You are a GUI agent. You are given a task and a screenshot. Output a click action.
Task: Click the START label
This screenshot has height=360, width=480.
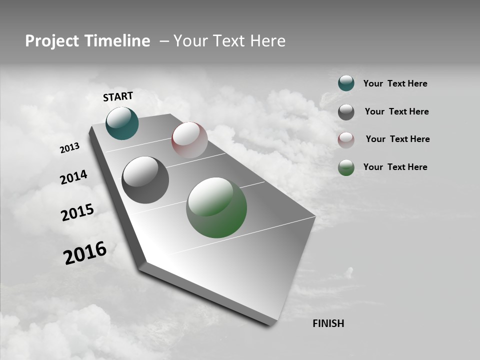pyautogui.click(x=118, y=96)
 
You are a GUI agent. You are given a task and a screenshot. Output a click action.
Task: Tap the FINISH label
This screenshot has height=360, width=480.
pyautogui.click(x=328, y=323)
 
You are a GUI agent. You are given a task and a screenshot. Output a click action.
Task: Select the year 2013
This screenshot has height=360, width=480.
pyautogui.click(x=69, y=148)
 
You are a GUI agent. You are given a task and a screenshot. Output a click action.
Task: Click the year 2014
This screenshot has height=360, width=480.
pyautogui.click(x=73, y=177)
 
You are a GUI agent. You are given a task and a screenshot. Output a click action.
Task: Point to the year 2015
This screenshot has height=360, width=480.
pyautogui.click(x=77, y=212)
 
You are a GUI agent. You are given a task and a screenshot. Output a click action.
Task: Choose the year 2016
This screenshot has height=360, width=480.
pyautogui.click(x=85, y=253)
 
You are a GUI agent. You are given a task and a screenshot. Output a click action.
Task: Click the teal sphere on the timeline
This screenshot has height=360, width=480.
pyautogui.click(x=122, y=123)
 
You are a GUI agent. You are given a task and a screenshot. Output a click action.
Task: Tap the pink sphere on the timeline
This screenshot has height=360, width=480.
pyautogui.click(x=189, y=140)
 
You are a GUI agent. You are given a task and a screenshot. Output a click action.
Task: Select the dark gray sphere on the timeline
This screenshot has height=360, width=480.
pyautogui.click(x=145, y=180)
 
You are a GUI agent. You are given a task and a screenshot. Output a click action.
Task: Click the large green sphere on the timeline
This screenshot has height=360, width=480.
pyautogui.click(x=216, y=207)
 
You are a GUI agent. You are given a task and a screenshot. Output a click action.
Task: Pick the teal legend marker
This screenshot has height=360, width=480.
pyautogui.click(x=346, y=83)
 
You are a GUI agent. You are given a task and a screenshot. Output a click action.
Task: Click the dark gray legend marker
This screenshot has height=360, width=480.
pyautogui.click(x=346, y=112)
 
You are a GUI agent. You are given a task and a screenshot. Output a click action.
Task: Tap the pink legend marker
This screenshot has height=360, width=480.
pyautogui.click(x=346, y=139)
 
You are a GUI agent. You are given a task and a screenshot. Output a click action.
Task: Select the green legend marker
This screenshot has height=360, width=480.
pyautogui.click(x=346, y=167)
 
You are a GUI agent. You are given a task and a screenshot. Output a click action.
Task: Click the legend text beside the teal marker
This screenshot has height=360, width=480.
pyautogui.click(x=395, y=83)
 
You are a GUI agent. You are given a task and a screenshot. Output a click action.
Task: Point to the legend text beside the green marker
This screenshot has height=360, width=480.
pyautogui.click(x=395, y=167)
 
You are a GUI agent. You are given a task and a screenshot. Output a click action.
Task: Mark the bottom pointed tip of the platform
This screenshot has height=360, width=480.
pyautogui.click(x=272, y=324)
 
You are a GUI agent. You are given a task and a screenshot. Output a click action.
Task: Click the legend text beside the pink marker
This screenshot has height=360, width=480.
pyautogui.click(x=397, y=139)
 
